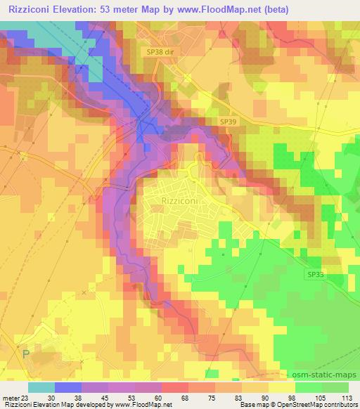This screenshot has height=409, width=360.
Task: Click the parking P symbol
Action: point(25,355)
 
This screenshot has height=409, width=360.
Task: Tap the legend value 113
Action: point(345,397)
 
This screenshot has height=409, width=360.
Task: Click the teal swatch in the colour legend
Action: point(41,387)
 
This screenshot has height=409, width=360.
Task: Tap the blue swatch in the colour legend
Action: point(68,387)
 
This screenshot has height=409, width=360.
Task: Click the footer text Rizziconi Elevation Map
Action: point(35,405)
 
